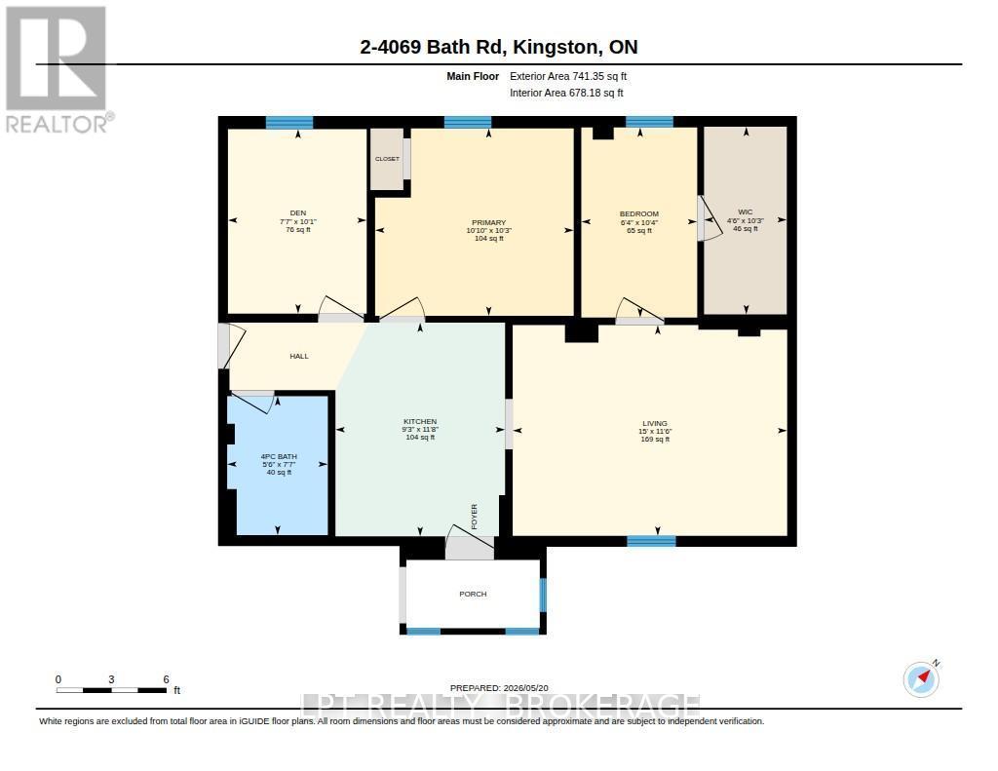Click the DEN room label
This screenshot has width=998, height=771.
point(298,213)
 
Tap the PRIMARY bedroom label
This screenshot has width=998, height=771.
point(488,223)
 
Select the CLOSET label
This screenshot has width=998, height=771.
point(387,159)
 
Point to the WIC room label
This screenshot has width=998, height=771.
point(746,212)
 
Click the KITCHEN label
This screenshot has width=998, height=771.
point(420,421)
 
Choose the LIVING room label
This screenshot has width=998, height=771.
point(655,423)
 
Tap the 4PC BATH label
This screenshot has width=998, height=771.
point(279,456)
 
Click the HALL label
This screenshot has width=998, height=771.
point(299,357)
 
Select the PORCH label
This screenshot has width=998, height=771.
point(473,594)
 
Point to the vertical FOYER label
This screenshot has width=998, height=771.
point(475,517)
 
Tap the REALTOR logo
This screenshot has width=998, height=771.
point(58,69)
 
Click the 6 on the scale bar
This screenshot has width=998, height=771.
point(166,679)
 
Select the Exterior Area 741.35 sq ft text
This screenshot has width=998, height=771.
point(568,76)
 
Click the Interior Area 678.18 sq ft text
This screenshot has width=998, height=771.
point(566,93)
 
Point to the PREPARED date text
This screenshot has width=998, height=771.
point(499,688)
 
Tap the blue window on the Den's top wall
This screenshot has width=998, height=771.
point(288,122)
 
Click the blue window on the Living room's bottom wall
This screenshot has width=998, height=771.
point(651,541)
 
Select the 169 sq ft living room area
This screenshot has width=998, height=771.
point(655,440)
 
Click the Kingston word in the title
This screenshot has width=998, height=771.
point(557,48)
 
